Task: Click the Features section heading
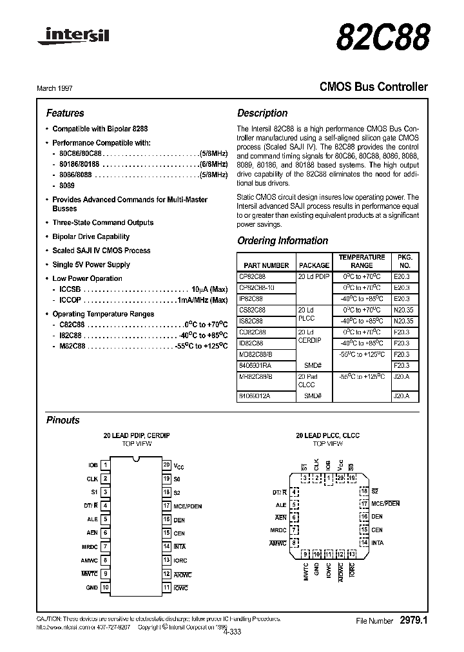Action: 65,113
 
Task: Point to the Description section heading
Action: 262,113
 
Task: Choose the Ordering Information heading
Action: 282,240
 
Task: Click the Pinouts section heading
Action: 63,420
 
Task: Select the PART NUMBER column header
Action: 267,265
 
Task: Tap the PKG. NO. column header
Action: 405,261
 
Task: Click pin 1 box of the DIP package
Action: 106,465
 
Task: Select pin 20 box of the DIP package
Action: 166,465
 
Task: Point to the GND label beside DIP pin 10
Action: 92,588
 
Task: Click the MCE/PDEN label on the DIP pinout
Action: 188,506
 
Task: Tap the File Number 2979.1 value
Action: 413,620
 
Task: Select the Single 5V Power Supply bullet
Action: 91,264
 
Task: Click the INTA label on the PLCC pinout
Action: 377,542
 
